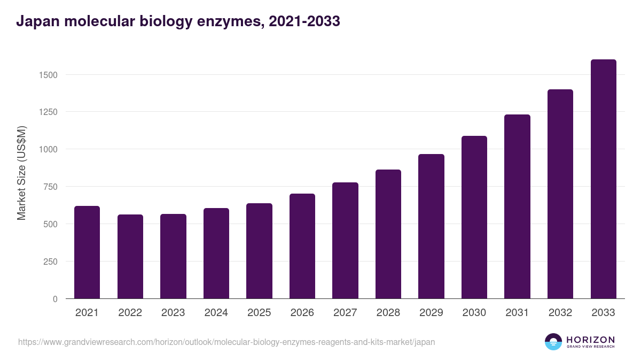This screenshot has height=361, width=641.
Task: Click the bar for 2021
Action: point(87,252)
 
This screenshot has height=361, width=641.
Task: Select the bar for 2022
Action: point(130,257)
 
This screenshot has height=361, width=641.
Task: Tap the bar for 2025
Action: point(259,251)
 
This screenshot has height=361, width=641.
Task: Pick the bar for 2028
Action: point(388,234)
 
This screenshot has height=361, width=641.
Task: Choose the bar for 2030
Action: point(474,217)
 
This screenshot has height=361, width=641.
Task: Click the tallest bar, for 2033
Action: point(603,179)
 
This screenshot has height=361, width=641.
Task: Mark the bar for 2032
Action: point(560,194)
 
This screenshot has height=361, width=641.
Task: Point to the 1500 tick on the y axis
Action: point(48,75)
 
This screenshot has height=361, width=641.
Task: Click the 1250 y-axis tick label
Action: point(48,112)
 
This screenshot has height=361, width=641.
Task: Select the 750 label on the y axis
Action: point(50,187)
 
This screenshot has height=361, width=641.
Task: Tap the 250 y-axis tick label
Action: point(50,262)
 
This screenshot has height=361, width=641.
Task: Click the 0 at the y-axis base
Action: point(55,299)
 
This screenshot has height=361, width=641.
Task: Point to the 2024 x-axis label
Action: point(216,313)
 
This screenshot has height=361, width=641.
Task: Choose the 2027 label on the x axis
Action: point(345,313)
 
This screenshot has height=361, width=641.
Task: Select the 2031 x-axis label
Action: point(517,313)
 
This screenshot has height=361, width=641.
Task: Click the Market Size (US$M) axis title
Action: point(21,173)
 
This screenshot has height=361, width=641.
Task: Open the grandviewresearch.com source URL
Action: point(226,342)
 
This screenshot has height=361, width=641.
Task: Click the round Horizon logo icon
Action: point(553,342)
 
